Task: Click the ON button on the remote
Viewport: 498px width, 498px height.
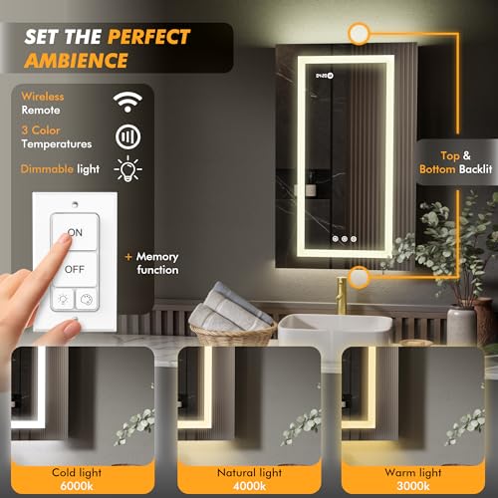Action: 75,232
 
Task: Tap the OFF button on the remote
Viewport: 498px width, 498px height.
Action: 75,269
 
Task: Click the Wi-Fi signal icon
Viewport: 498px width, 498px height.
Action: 127,102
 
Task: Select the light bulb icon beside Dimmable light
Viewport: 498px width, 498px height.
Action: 127,168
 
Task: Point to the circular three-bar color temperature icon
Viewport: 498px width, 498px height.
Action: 127,136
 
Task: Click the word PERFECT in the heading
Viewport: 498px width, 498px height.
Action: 149,36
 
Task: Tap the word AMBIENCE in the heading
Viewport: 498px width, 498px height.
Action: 76,61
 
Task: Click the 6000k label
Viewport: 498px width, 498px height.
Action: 77,486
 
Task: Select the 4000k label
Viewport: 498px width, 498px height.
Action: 249,486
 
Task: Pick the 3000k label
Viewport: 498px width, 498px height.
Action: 413,486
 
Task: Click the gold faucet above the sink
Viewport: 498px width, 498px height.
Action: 342,296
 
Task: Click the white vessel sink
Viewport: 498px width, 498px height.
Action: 336,330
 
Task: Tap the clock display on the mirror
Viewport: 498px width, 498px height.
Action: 325,76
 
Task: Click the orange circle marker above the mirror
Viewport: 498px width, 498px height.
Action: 359,33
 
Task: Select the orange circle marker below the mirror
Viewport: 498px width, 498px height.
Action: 359,277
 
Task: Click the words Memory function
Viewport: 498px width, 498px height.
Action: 157,263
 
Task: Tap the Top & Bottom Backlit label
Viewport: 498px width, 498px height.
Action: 455,162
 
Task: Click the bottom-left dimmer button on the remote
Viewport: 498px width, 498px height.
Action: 63,299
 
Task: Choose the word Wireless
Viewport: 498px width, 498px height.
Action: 43,97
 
